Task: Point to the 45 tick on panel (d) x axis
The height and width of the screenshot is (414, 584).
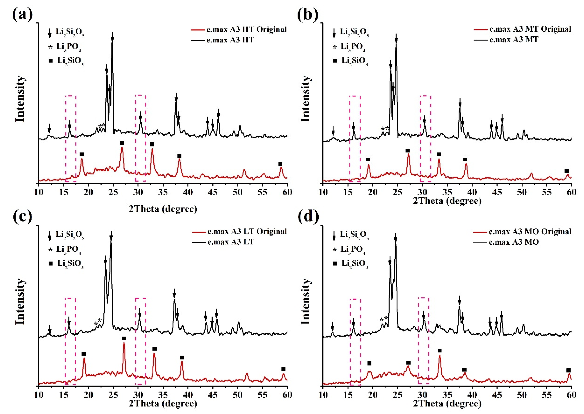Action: pyautogui.click(x=497, y=395)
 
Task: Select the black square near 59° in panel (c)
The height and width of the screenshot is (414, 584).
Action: pyautogui.click(x=283, y=369)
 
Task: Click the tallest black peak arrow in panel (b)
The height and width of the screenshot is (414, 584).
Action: pyautogui.click(x=396, y=38)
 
